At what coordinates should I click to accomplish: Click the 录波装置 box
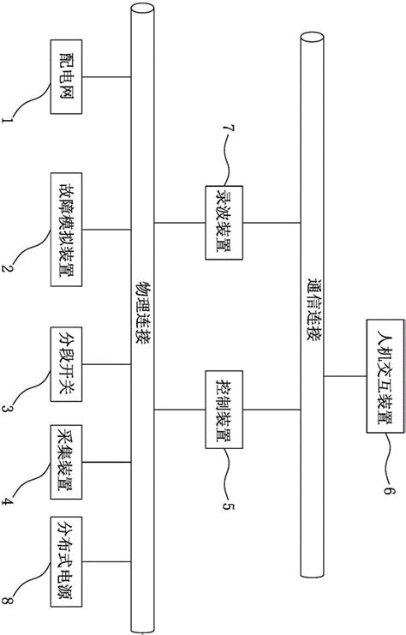(x=222, y=221)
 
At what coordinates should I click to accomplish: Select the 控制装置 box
(x=221, y=411)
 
